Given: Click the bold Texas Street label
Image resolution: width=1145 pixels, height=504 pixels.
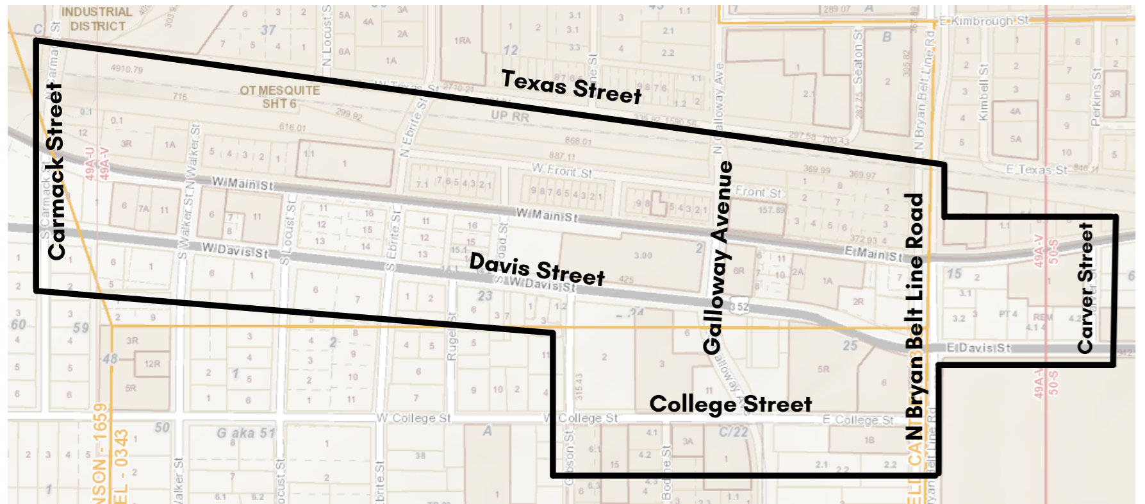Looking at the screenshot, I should pos(571,87).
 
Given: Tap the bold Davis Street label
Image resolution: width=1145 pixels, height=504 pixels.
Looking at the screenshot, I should pos(537,269).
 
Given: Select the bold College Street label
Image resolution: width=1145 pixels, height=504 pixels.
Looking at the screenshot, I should pos(730,405).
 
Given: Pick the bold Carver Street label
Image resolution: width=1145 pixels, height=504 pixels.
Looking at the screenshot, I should pos(1085,288).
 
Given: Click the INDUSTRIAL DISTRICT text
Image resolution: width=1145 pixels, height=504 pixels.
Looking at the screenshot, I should pos(97,19).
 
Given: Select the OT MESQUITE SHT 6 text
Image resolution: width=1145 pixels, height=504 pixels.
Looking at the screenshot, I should pos(279,97).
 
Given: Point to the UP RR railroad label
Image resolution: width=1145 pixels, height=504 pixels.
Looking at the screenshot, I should pos(510,116).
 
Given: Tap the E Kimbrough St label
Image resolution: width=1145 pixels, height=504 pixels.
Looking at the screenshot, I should pos(984,21).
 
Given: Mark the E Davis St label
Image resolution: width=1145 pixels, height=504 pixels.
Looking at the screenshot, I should pos(978,348).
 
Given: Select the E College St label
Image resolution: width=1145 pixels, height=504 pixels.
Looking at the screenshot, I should pos(858,420).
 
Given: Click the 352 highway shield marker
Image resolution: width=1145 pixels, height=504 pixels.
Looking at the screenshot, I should pos(739,307).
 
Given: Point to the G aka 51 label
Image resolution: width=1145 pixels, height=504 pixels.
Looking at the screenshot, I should pos(245,433).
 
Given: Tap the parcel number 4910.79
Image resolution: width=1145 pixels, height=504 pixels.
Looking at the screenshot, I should pos(126,69).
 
